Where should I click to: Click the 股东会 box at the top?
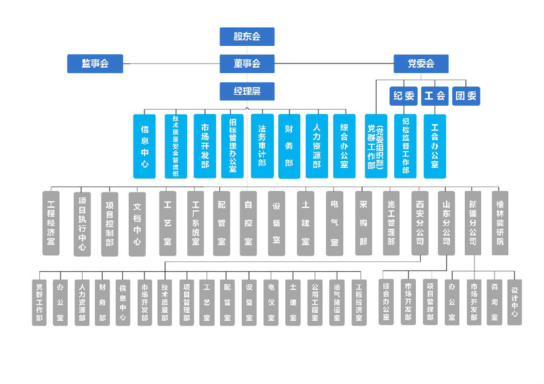coord(247,36)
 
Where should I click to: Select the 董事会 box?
coord(247,63)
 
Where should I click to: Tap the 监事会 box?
coord(95,63)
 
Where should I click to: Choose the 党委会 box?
coord(421,63)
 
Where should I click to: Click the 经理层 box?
coord(247,91)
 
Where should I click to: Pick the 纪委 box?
coord(404,95)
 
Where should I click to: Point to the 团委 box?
coord(466,95)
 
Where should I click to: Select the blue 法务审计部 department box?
coord(262,146)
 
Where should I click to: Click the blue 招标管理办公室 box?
coord(232,146)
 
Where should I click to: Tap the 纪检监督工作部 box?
coord(405,146)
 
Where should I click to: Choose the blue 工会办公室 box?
coord(435,146)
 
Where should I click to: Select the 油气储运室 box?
coord(337,302)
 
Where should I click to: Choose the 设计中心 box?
coord(514,302)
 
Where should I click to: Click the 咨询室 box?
coord(494,302)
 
